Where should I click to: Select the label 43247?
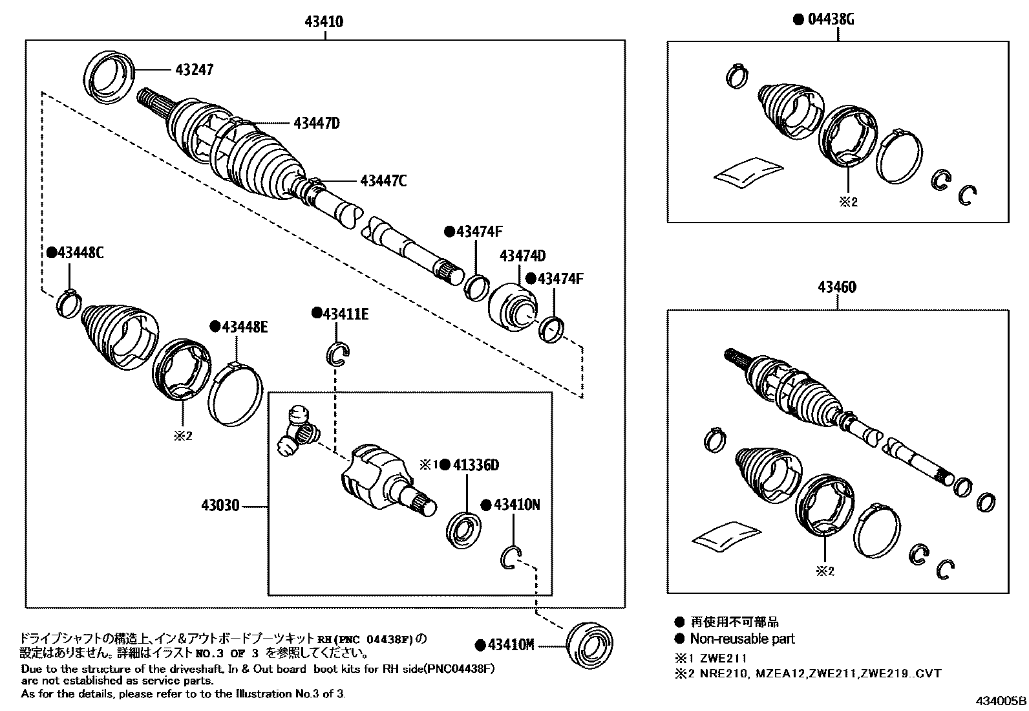[x=192, y=69]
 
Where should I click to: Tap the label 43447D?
[x=316, y=123]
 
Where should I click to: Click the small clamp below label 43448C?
[x=70, y=303]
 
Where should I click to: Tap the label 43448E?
[x=244, y=327]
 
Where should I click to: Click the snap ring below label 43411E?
[x=337, y=354]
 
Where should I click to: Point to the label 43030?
[x=222, y=505]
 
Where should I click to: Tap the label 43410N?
[x=515, y=505]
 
